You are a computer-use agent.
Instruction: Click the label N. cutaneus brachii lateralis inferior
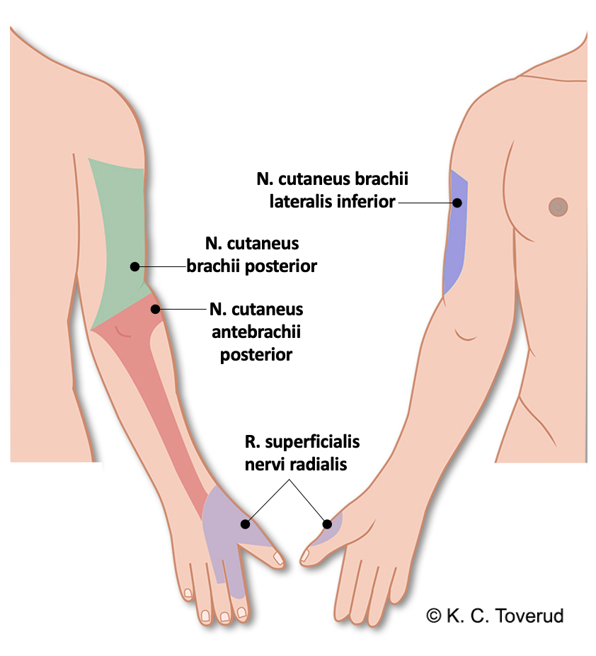click(332, 190)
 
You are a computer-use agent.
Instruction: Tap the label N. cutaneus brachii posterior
click(251, 255)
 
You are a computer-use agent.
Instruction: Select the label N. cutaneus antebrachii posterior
click(256, 332)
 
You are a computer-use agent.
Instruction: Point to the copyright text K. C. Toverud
click(495, 616)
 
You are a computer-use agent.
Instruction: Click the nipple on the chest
click(558, 206)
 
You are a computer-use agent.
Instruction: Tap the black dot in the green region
click(134, 266)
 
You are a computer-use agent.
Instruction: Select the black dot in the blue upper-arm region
click(457, 203)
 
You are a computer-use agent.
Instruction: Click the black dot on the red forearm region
click(155, 309)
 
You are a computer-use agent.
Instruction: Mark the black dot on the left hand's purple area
click(245, 524)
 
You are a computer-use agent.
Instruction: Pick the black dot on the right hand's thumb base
click(327, 524)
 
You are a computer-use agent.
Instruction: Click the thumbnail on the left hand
click(279, 558)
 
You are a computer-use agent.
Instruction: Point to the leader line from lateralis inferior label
click(425, 203)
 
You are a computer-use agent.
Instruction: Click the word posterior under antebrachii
click(256, 355)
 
